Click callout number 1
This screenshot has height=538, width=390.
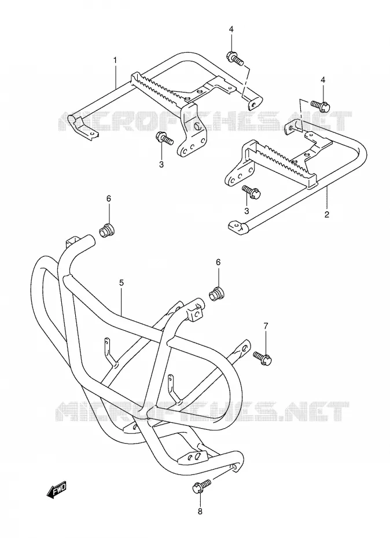[115, 60]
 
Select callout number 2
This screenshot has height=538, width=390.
[326, 215]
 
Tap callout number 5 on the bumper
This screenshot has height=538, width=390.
[122, 283]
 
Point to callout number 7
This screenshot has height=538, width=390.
[266, 326]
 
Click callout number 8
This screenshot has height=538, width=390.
[200, 511]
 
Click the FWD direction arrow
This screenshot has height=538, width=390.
[56, 490]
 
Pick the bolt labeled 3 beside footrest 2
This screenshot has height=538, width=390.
[252, 191]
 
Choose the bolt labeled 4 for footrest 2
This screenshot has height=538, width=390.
[321, 105]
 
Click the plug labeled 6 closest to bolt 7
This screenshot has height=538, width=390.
[216, 294]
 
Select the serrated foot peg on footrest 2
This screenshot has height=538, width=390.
[284, 160]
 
